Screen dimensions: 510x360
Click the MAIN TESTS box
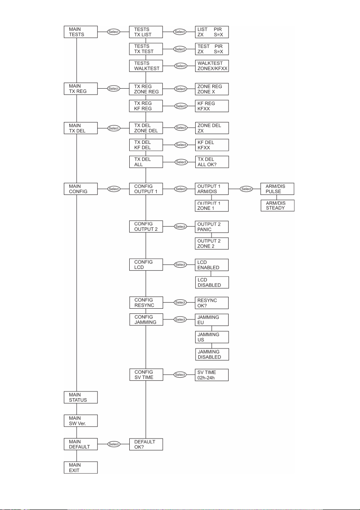coord(80,32)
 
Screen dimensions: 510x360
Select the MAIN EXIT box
coord(80,467)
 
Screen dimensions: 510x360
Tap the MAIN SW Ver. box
coord(80,421)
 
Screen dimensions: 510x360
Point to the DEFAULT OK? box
coord(146,444)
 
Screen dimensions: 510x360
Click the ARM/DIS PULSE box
coord(277,189)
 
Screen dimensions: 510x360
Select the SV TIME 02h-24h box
coord(212,375)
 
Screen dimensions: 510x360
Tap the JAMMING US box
coord(212,337)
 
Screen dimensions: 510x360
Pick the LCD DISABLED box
coord(212,282)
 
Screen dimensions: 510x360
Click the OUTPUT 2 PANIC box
coord(212,227)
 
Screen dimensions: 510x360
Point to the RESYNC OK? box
coord(212,303)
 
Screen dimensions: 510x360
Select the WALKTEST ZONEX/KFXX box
coord(212,66)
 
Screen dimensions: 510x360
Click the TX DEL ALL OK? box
coord(212,162)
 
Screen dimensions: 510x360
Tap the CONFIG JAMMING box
coord(146,319)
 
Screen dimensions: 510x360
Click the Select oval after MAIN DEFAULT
coord(113,444)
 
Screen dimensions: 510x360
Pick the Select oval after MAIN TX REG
coord(113,89)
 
